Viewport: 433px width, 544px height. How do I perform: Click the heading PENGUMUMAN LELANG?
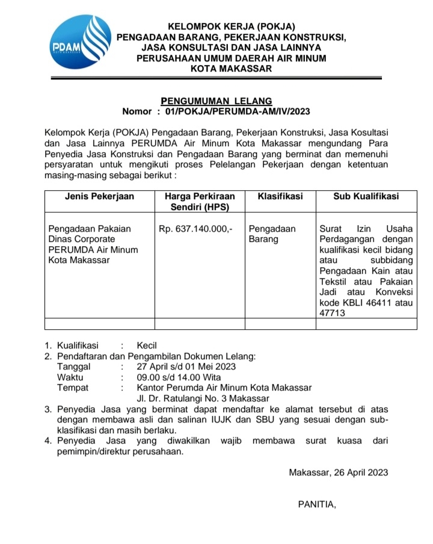point(216,101)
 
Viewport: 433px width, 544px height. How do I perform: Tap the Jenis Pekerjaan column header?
point(99,196)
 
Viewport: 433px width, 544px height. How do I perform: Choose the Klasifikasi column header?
point(280,196)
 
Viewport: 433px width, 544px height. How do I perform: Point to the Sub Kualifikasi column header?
point(366,196)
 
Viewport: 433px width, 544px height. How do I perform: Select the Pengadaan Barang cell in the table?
point(272,234)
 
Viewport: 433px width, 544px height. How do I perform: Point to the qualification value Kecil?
point(147,346)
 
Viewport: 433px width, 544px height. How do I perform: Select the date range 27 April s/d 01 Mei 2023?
point(186,366)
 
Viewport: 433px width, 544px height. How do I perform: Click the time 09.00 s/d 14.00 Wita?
point(179,377)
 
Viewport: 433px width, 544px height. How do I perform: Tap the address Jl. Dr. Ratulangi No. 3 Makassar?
point(203,398)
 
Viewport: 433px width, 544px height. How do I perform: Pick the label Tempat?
point(72,388)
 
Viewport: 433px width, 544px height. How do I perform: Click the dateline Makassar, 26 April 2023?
point(338,472)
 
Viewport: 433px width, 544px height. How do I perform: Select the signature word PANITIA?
point(317,504)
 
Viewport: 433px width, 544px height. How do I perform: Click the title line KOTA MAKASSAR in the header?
point(231,69)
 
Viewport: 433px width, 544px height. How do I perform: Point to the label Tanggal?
point(73,366)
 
